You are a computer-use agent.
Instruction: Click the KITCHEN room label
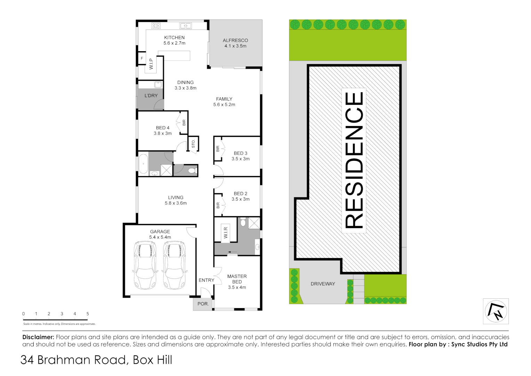click(x=174, y=38)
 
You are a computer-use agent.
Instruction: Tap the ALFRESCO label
click(x=235, y=40)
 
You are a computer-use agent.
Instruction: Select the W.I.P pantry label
click(x=151, y=64)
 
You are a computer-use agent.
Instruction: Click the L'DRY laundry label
click(x=151, y=95)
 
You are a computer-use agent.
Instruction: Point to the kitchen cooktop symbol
click(x=155, y=26)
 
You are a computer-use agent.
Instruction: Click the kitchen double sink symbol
click(x=185, y=26)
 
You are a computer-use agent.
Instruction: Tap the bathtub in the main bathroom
click(x=143, y=164)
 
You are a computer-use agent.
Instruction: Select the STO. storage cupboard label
click(x=193, y=143)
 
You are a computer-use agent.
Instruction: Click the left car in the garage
click(x=145, y=265)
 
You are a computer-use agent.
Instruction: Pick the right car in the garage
click(x=174, y=265)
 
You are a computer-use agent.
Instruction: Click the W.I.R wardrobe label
click(x=225, y=233)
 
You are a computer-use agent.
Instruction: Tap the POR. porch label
click(x=203, y=304)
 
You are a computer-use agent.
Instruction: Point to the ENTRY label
click(x=206, y=280)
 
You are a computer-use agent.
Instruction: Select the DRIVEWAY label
click(x=323, y=284)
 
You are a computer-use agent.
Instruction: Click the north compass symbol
click(x=496, y=311)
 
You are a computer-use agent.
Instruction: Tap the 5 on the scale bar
click(x=88, y=314)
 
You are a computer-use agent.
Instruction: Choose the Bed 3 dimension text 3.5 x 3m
click(x=240, y=159)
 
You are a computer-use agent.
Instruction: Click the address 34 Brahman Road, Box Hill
click(x=96, y=360)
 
